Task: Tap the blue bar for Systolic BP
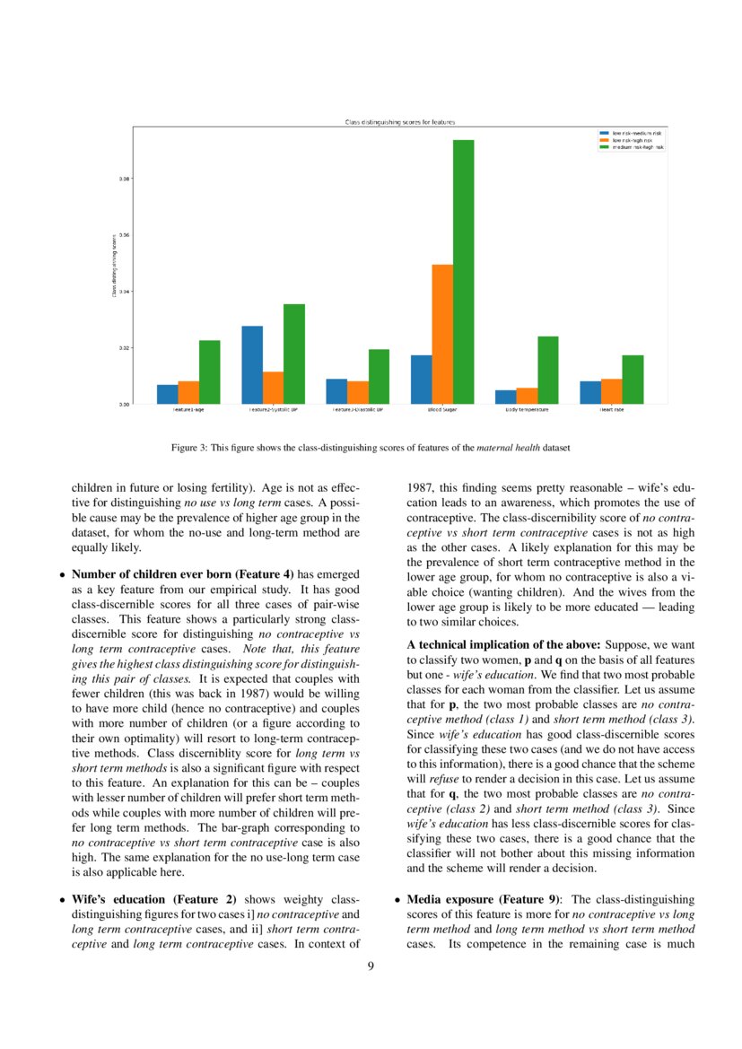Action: [252, 364]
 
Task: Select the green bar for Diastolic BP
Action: [379, 376]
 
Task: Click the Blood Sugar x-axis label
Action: [442, 410]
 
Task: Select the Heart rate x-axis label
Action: [612, 410]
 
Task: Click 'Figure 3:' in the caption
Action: [188, 446]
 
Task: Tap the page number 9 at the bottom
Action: [371, 966]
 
